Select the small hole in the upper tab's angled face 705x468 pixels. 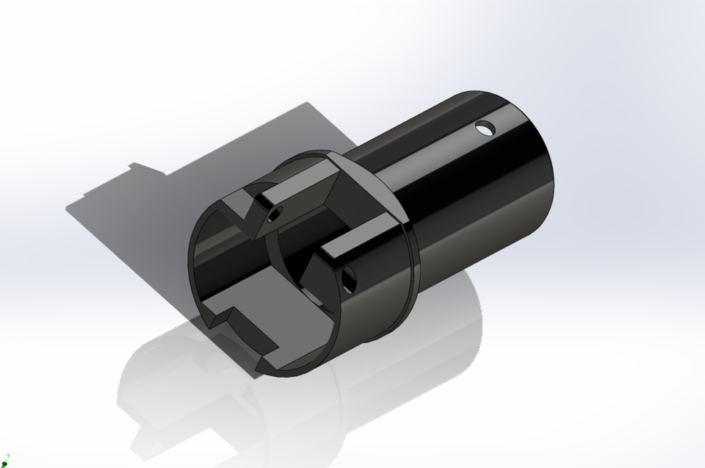(x=275, y=215)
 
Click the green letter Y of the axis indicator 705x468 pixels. (x=8, y=456)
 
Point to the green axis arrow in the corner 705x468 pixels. (x=5, y=463)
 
